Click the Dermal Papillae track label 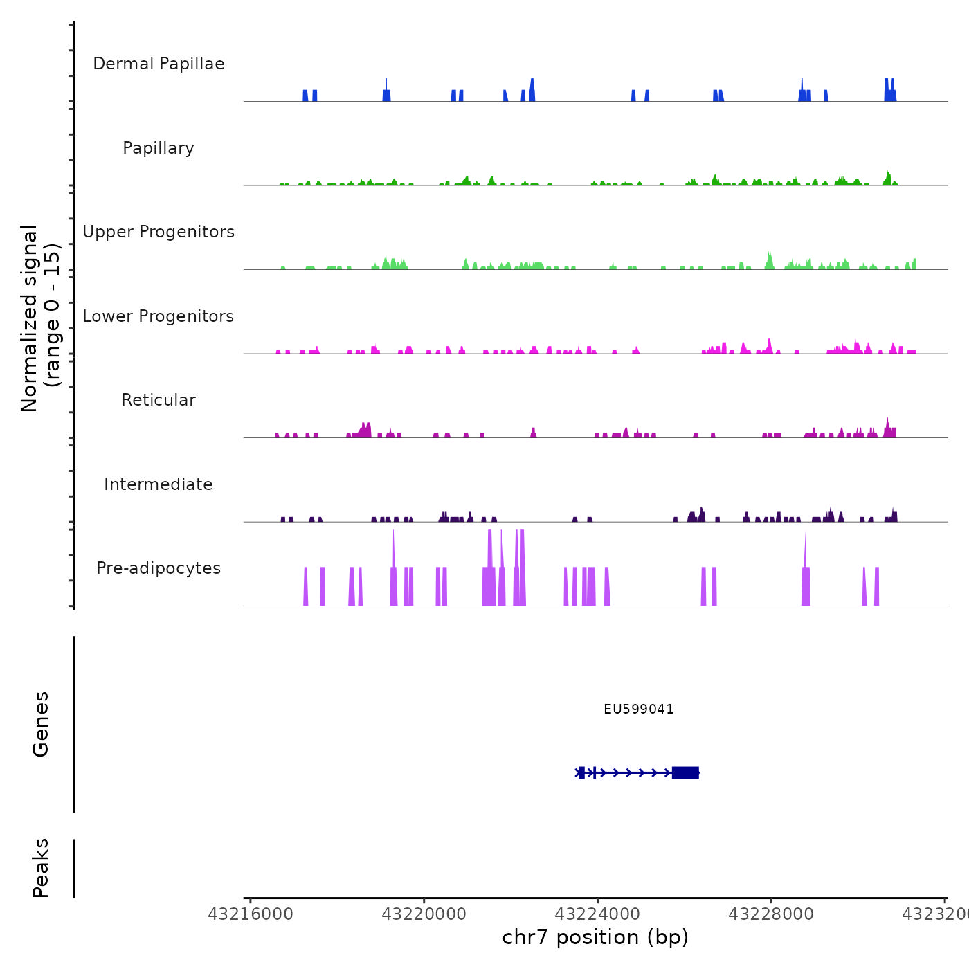coord(159,64)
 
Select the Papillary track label coord(159,148)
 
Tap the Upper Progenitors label coord(159,232)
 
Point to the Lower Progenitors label coord(159,316)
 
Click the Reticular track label coord(159,400)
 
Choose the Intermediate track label coord(159,484)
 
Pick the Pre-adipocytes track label coord(159,568)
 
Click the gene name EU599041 coord(638,709)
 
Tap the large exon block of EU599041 coord(685,772)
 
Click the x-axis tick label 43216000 coord(251,914)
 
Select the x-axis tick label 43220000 coord(424,914)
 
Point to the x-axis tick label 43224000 coord(598,914)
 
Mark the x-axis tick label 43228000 coord(771,914)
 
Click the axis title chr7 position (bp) coord(595,937)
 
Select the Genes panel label coord(41,724)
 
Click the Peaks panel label coord(41,868)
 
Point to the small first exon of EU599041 coord(582,772)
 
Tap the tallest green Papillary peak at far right coord(887,177)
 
